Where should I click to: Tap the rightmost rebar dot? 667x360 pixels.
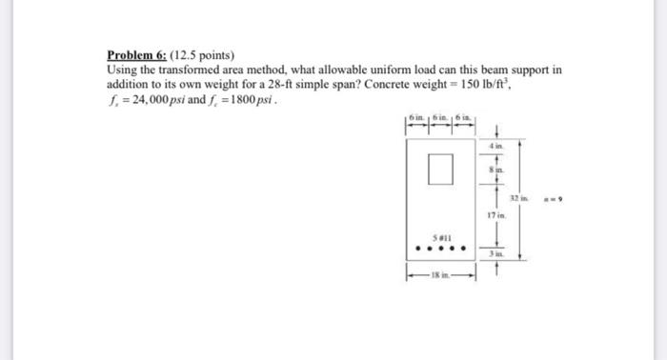(x=462, y=252)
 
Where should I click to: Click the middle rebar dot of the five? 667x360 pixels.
(x=438, y=252)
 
